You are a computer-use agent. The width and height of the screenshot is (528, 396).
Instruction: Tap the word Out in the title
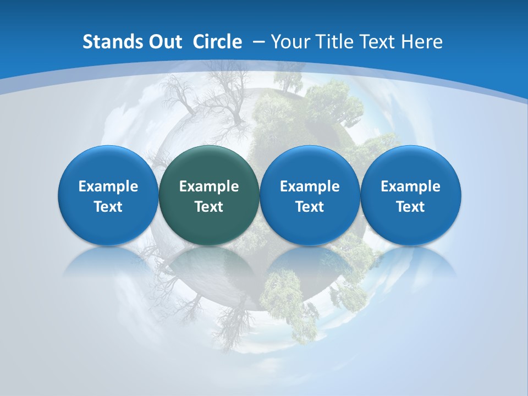click(162, 42)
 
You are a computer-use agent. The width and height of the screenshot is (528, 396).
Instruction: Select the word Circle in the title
click(217, 42)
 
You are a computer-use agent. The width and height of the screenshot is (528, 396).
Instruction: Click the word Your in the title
click(289, 42)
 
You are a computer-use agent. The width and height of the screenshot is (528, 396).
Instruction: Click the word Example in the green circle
click(209, 186)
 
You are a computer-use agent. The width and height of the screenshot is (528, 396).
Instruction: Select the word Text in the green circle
click(209, 207)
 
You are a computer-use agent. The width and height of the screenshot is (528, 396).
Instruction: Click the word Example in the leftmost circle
click(108, 186)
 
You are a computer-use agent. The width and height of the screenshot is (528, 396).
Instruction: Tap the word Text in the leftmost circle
click(108, 207)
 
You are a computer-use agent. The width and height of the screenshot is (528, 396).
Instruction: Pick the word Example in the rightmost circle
click(411, 186)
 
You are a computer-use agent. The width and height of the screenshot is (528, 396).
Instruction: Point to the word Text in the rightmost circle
click(411, 207)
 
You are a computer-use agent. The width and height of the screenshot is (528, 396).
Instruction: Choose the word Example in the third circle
click(310, 186)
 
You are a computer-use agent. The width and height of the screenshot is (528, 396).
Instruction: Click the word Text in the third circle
click(310, 207)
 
